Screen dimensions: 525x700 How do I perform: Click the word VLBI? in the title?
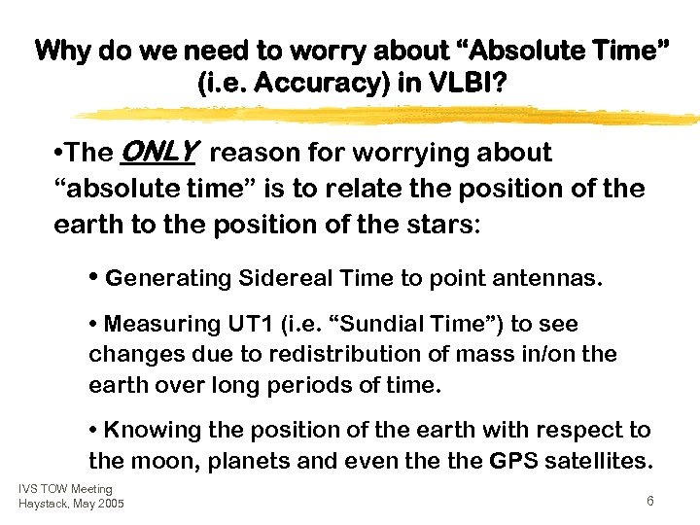tap(468, 86)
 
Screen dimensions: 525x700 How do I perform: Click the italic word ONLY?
tap(158, 152)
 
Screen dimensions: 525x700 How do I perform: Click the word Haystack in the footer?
tap(44, 503)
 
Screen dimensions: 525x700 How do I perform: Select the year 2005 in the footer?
tap(109, 503)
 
